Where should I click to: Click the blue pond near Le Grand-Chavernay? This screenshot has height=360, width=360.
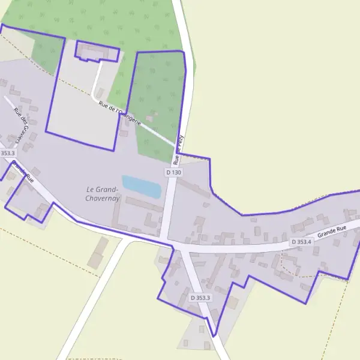point(142,187)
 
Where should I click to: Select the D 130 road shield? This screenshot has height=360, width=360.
point(173,172)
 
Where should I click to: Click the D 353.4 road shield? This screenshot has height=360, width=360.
point(301,242)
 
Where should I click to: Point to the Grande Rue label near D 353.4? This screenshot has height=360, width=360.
point(332,231)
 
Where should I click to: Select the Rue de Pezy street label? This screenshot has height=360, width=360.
point(178,149)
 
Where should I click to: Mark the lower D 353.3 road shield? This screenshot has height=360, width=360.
point(200,298)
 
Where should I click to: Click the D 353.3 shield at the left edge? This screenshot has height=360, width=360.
point(7,153)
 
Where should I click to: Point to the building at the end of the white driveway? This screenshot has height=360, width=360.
point(97,53)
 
